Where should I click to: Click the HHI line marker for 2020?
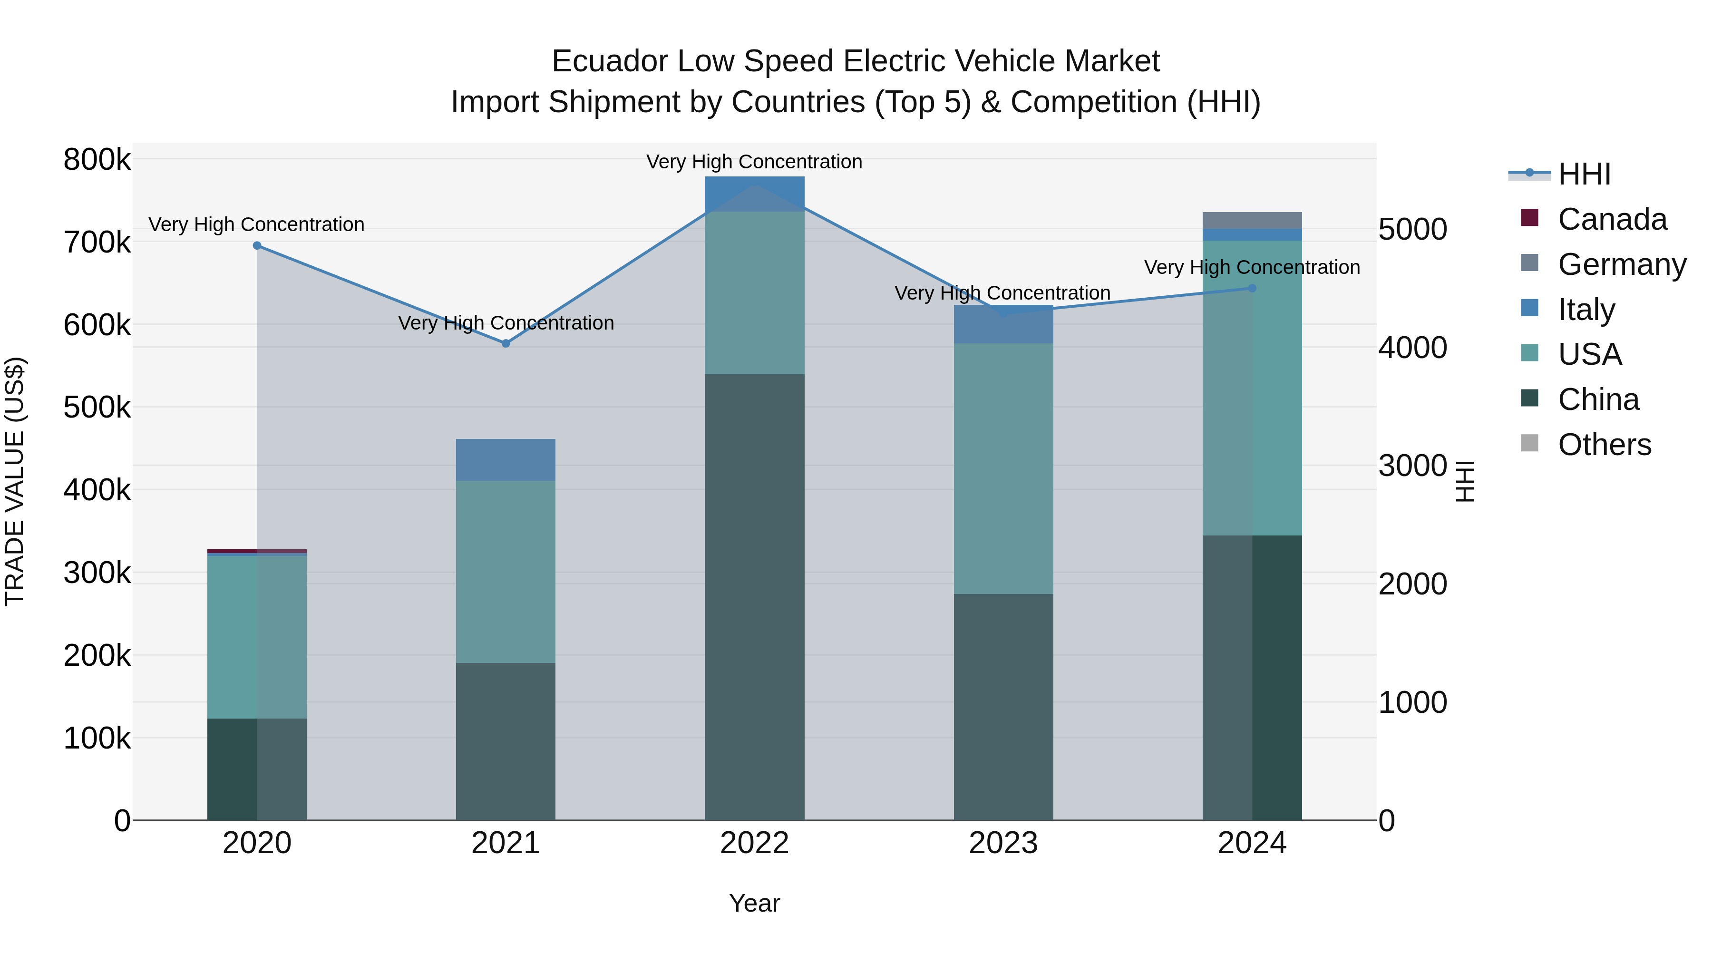[x=257, y=246]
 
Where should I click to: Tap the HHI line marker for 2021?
[x=506, y=344]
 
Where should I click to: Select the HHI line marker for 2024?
[x=1252, y=289]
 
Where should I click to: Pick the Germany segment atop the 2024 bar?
[x=1252, y=221]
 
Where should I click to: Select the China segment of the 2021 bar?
[x=506, y=741]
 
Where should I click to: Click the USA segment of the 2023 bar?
[x=1003, y=468]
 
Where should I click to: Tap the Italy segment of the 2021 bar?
[x=506, y=460]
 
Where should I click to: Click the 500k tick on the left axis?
[x=97, y=408]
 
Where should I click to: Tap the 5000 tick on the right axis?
[x=1413, y=229]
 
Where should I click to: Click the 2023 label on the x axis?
[x=1003, y=843]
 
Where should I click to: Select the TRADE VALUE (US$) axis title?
[x=15, y=481]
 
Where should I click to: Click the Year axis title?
[x=754, y=903]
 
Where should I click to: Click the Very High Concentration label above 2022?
[x=754, y=162]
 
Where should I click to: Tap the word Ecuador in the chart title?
[x=610, y=61]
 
